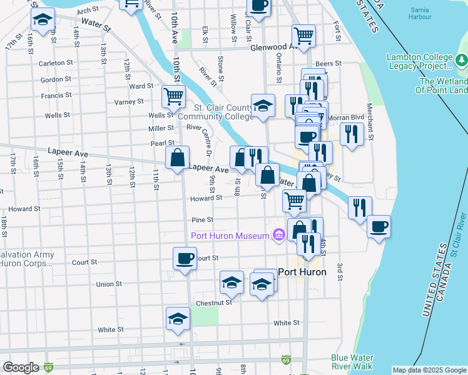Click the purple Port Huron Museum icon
[278, 236]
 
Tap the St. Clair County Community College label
[216, 112]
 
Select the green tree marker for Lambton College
[462, 61]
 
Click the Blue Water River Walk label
[352, 362]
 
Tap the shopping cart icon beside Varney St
[173, 96]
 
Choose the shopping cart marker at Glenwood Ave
[303, 35]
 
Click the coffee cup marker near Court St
[185, 257]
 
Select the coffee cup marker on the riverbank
[378, 226]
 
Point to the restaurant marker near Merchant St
[352, 134]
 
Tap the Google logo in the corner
[21, 367]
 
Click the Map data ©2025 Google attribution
[429, 370]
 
